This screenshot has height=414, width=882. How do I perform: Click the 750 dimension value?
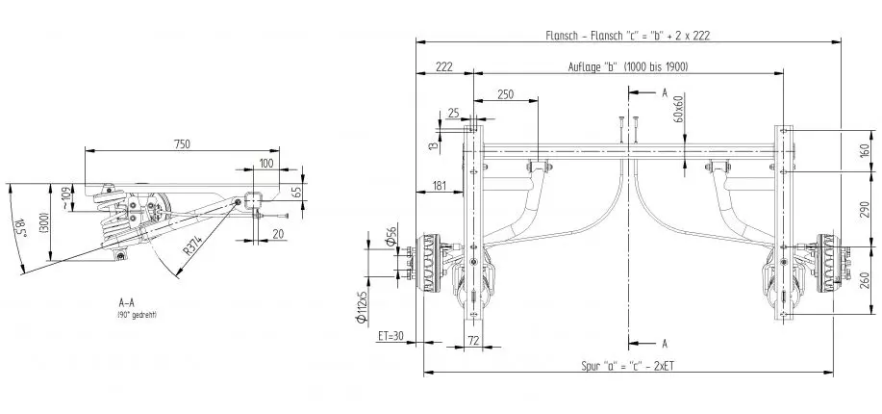(x=181, y=143)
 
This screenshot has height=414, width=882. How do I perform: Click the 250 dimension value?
(x=506, y=93)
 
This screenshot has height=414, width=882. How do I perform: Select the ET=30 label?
(x=391, y=336)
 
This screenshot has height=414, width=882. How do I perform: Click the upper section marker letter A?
(x=663, y=92)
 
